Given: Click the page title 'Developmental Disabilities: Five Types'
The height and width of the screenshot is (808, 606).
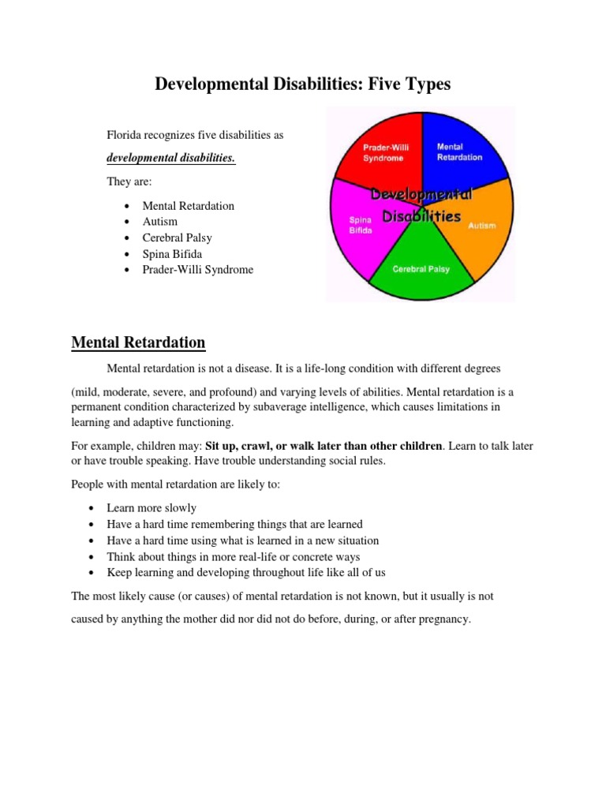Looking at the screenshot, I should coord(303,84).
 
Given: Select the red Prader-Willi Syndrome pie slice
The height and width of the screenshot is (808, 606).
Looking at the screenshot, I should coord(380,150).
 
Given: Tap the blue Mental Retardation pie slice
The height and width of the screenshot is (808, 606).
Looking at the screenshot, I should coord(462,150).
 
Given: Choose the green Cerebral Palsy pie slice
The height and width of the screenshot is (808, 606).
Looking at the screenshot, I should coord(421,271).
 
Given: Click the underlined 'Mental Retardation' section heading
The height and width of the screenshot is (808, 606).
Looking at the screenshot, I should coord(138,342).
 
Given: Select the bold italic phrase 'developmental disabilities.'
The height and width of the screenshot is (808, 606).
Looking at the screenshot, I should coord(171,157).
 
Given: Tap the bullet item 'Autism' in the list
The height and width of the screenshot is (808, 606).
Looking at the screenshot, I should coord(160,222).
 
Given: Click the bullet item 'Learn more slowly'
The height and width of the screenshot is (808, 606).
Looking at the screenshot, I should coord(151,508).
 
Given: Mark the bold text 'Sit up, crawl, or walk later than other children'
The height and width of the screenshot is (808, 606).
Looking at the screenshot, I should coord(324,446).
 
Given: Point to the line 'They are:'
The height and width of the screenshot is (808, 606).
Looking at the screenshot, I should coord(127,181).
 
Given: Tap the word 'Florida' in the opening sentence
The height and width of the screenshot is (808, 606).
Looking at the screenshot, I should coord(125,135).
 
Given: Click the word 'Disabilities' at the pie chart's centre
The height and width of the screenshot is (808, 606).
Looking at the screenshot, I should coord(421,215).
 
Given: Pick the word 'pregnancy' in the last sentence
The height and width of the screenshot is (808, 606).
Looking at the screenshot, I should coord(443,619).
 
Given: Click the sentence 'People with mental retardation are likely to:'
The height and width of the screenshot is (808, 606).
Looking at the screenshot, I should coord(176,484).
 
